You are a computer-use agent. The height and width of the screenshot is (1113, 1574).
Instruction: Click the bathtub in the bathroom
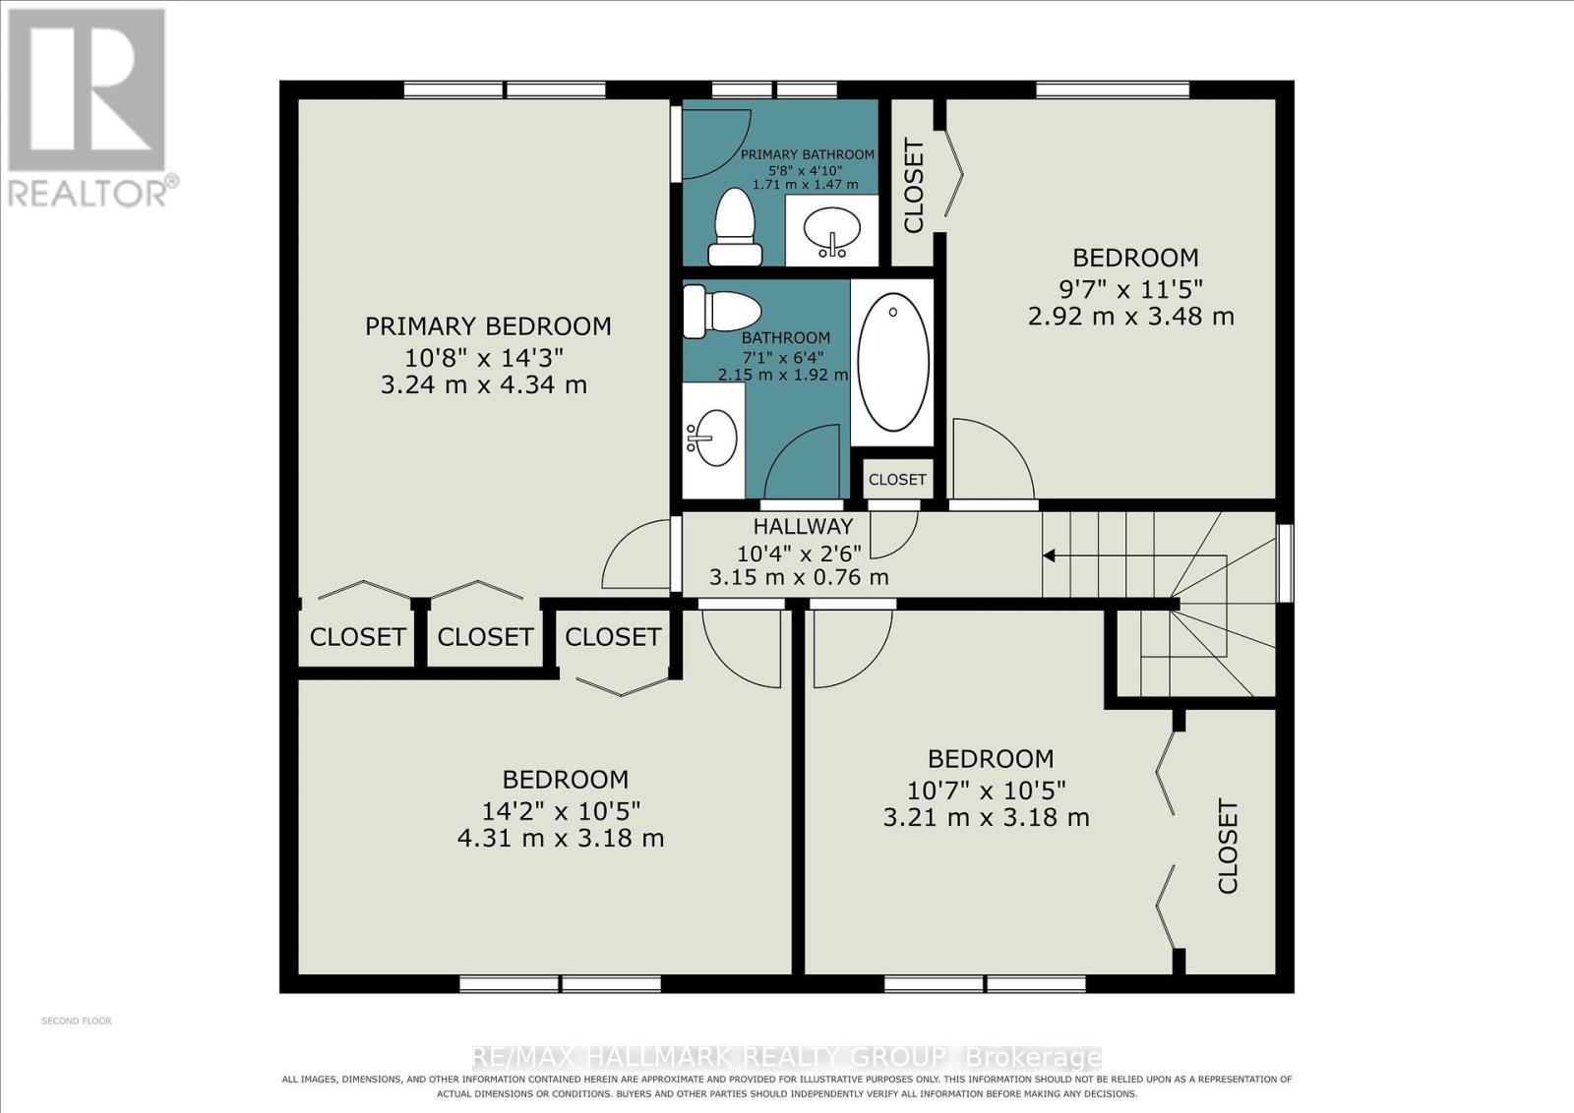click(892, 362)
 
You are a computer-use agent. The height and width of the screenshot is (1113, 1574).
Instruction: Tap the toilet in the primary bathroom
click(735, 226)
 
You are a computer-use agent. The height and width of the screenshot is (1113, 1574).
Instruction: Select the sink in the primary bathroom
click(832, 231)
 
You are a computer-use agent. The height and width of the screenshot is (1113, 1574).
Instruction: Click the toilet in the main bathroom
click(723, 311)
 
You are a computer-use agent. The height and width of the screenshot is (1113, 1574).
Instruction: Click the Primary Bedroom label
click(488, 326)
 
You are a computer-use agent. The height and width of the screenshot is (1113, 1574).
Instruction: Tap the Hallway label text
click(803, 526)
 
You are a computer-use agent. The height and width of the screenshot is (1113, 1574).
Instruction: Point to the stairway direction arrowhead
click(1049, 556)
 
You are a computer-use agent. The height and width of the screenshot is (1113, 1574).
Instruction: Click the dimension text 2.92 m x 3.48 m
click(1130, 317)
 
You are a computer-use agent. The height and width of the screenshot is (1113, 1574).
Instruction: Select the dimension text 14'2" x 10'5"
click(561, 811)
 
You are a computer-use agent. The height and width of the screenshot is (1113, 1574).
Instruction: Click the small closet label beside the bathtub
click(897, 480)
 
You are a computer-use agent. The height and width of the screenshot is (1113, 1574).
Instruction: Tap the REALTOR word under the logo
click(89, 194)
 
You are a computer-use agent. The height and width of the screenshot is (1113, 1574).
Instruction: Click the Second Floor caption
click(77, 1021)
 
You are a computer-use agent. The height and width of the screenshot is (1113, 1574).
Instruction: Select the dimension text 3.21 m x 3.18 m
click(986, 817)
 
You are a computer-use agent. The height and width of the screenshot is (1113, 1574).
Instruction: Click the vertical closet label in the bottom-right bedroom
click(1228, 846)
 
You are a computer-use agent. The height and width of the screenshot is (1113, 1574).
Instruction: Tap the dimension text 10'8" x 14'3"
click(484, 359)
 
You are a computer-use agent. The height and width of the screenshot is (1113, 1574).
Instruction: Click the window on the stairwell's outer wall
click(1285, 562)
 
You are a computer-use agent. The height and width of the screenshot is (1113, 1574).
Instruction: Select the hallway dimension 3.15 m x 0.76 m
click(798, 577)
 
